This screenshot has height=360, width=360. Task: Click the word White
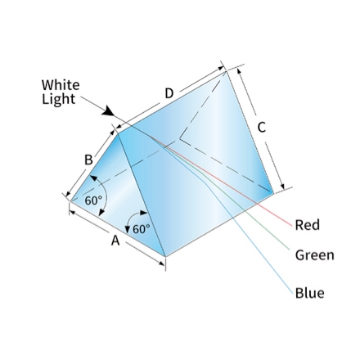coord(61,85)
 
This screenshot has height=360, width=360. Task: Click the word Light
coord(58,99)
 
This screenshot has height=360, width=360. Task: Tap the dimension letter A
coord(115,241)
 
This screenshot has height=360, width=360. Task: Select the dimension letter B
coord(88,160)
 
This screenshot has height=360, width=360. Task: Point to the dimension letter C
coord(261,128)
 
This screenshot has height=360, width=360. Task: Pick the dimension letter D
coord(169,93)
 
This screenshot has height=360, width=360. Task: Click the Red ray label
coord(308,225)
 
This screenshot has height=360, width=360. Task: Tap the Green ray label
coord(315,255)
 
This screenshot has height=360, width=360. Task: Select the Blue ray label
coord(310,293)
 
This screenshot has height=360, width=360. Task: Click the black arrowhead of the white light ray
coord(109,111)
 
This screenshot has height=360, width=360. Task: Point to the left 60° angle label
coord(93,200)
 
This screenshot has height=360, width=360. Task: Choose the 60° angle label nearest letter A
coord(142,229)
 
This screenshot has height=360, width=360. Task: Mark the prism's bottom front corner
coord(165,257)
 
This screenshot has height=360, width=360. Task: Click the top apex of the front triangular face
coord(118,133)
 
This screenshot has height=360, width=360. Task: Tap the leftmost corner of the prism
coord(70,201)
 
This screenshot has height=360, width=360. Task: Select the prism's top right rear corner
coord(226,71)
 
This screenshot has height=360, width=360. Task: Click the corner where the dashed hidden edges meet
coord(179,138)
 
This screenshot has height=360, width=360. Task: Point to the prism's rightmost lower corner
coord(273,193)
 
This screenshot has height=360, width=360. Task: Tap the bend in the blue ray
coord(205,182)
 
